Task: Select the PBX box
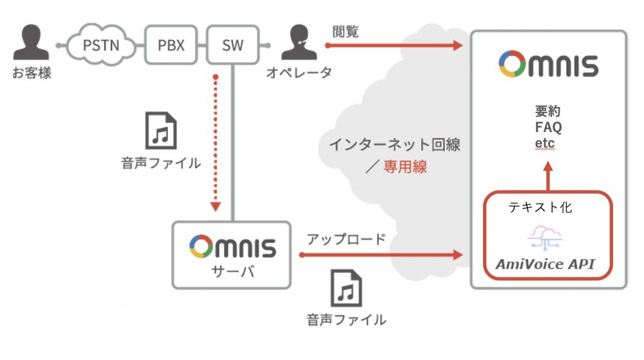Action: pos(171,46)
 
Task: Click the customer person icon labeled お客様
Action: pos(31,43)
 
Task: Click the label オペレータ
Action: pos(299,73)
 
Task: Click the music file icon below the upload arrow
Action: pos(346,288)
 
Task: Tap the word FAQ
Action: pos(548,127)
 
